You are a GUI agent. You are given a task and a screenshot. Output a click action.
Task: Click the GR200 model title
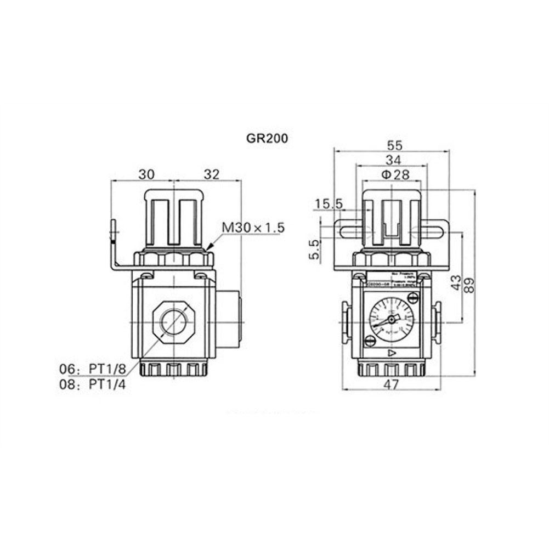[x=267, y=139]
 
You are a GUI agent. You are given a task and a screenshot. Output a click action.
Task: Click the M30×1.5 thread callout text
[x=253, y=227]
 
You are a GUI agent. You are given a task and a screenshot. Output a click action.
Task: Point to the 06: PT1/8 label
[x=92, y=368]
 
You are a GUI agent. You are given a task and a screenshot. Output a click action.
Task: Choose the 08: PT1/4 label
[x=92, y=384]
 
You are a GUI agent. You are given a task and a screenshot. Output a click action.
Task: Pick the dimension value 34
[x=393, y=160]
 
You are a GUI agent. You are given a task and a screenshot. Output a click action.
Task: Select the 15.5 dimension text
[x=328, y=204]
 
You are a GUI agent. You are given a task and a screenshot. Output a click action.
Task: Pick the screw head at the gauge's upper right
[x=412, y=298]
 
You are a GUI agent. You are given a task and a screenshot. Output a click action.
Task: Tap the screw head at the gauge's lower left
[x=370, y=343]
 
